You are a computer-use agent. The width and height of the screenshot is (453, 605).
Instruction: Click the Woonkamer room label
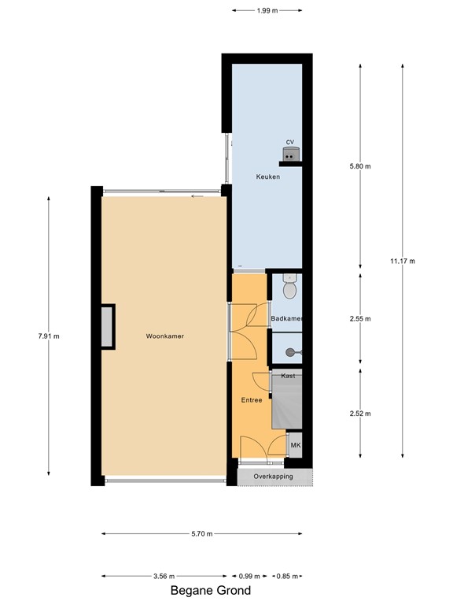pos(164,336)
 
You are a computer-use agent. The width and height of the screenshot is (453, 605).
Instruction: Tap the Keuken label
pos(267,177)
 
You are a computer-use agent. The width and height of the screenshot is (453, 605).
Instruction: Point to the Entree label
pos(252,400)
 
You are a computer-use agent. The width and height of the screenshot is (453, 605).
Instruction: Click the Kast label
pos(288,376)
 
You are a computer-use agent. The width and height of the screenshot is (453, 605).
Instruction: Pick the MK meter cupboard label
pos(296,446)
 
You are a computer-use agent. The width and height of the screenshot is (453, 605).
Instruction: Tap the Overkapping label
pos(273,477)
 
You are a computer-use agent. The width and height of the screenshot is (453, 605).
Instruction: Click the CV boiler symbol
pos(291,154)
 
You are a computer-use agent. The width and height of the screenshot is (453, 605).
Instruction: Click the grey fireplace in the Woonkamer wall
pos(107,326)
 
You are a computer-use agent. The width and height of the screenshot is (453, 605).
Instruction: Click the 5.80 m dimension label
pos(360,166)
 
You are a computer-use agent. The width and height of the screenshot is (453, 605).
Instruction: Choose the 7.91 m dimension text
pos(49,336)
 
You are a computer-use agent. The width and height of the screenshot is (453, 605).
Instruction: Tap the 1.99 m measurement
pos(267,10)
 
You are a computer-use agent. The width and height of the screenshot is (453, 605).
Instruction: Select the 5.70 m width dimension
pos(202,534)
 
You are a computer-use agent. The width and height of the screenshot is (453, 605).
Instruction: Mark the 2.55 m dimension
pos(360,319)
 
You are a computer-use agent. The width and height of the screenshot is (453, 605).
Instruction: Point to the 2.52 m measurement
pos(360,414)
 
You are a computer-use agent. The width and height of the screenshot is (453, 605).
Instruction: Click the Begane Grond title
pos(211,591)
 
